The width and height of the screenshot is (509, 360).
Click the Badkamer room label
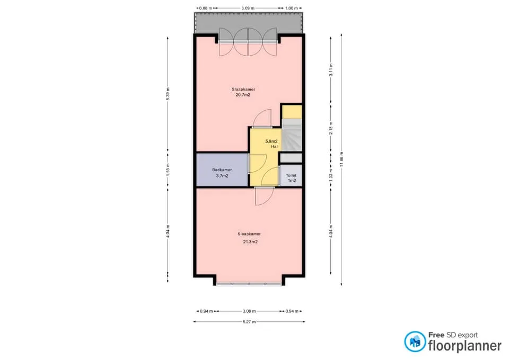click(x=222, y=170)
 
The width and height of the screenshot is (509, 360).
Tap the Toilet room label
click(x=291, y=175)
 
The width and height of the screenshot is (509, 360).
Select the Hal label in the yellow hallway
click(x=274, y=146)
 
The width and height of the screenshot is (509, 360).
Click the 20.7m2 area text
click(x=243, y=95)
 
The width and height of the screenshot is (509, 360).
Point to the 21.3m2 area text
click(x=250, y=242)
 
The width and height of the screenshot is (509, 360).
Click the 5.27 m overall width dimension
click(x=249, y=322)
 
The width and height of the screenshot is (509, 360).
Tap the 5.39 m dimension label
click(x=168, y=94)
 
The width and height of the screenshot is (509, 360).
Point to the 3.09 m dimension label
click(x=248, y=8)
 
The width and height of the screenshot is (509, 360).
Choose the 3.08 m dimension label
click(x=249, y=311)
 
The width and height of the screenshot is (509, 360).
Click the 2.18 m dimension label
click(x=331, y=128)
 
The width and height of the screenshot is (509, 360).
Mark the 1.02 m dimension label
click(x=331, y=175)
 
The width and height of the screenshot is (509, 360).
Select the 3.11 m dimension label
click(x=331, y=70)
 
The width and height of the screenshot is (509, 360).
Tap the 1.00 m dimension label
click(x=292, y=8)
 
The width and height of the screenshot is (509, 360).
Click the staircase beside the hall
click(x=292, y=135)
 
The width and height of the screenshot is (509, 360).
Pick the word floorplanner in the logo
click(x=465, y=346)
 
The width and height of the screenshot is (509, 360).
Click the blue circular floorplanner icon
click(x=415, y=341)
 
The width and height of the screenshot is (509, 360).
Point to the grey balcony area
click(x=249, y=23)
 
